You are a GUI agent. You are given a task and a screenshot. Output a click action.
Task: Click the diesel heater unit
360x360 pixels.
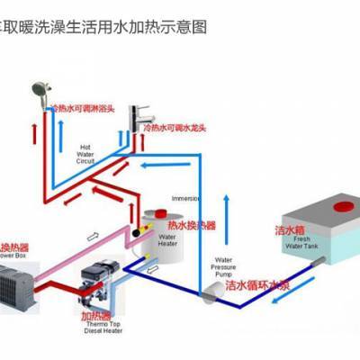click(96, 275)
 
